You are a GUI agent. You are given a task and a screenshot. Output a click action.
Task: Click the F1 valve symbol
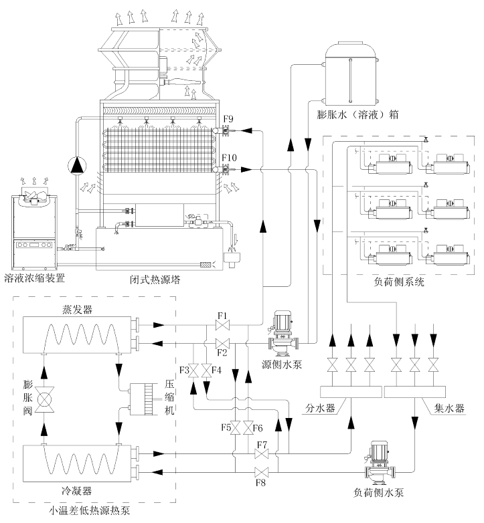click(222, 325)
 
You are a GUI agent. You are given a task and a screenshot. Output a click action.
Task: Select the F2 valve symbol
click(222, 343)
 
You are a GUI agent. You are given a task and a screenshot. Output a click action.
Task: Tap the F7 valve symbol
click(261, 453)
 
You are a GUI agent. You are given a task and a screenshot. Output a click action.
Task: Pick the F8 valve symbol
click(261, 472)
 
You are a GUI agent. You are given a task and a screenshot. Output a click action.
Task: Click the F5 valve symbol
click(236, 428)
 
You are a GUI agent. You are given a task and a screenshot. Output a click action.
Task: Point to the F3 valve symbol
click(193, 371)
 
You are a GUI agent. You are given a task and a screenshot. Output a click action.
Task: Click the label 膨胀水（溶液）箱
click(357, 115)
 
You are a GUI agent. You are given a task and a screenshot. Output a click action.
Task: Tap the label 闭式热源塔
click(155, 279)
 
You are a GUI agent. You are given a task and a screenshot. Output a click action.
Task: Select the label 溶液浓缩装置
click(35, 278)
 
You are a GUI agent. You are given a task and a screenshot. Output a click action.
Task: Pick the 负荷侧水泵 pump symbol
click(380, 463)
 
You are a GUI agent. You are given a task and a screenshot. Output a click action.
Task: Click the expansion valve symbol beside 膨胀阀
click(44, 399)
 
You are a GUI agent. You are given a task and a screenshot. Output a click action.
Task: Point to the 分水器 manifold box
click(351, 392)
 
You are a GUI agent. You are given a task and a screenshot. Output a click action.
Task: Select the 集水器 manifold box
click(415, 392)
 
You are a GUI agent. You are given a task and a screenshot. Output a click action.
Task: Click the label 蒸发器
click(77, 310)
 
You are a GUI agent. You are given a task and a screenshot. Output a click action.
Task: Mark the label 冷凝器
click(76, 491)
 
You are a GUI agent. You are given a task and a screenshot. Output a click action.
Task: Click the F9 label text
click(228, 119)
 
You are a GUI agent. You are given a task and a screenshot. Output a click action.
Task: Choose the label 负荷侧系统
click(399, 282)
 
